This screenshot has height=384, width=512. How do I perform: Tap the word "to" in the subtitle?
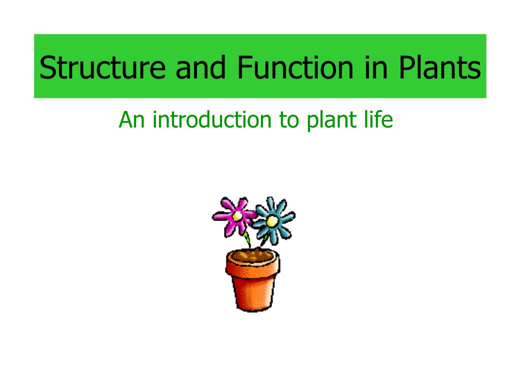click(x=289, y=120)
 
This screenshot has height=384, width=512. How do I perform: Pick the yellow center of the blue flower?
click(x=271, y=220)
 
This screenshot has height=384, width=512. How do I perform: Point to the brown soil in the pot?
click(x=253, y=256)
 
